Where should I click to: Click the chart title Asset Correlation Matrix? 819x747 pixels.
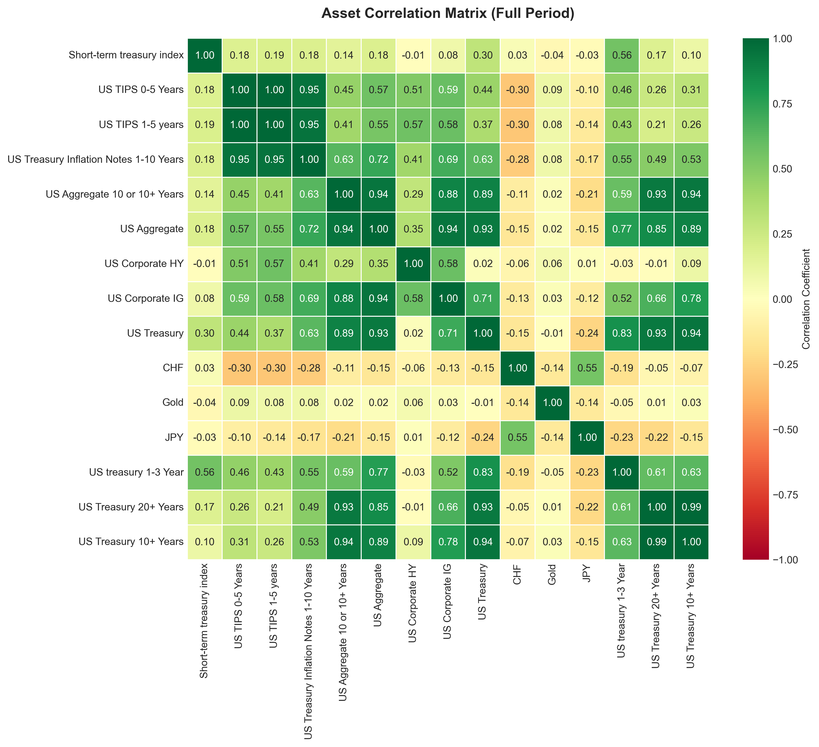(448, 14)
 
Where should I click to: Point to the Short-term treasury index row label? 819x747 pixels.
(126, 55)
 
